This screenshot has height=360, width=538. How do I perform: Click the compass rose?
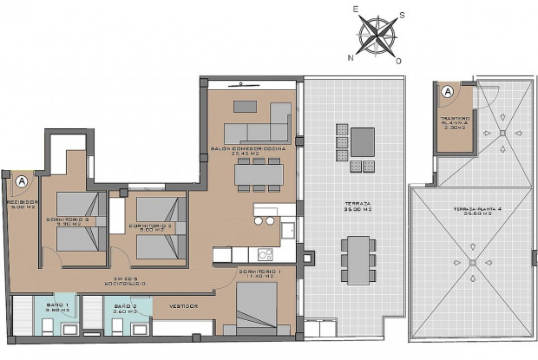point(376,36)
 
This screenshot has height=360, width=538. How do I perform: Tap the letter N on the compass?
point(351,58)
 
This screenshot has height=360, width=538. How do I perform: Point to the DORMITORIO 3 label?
point(70,220)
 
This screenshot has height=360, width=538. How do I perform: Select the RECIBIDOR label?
point(20,204)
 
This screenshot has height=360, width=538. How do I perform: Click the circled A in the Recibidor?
point(21,181)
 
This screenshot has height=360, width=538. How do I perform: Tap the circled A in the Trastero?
point(448,91)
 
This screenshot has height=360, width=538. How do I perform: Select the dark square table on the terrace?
point(362,140)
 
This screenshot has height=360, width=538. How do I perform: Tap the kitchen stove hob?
point(265,254)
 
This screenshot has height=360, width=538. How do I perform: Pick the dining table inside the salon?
point(259,173)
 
